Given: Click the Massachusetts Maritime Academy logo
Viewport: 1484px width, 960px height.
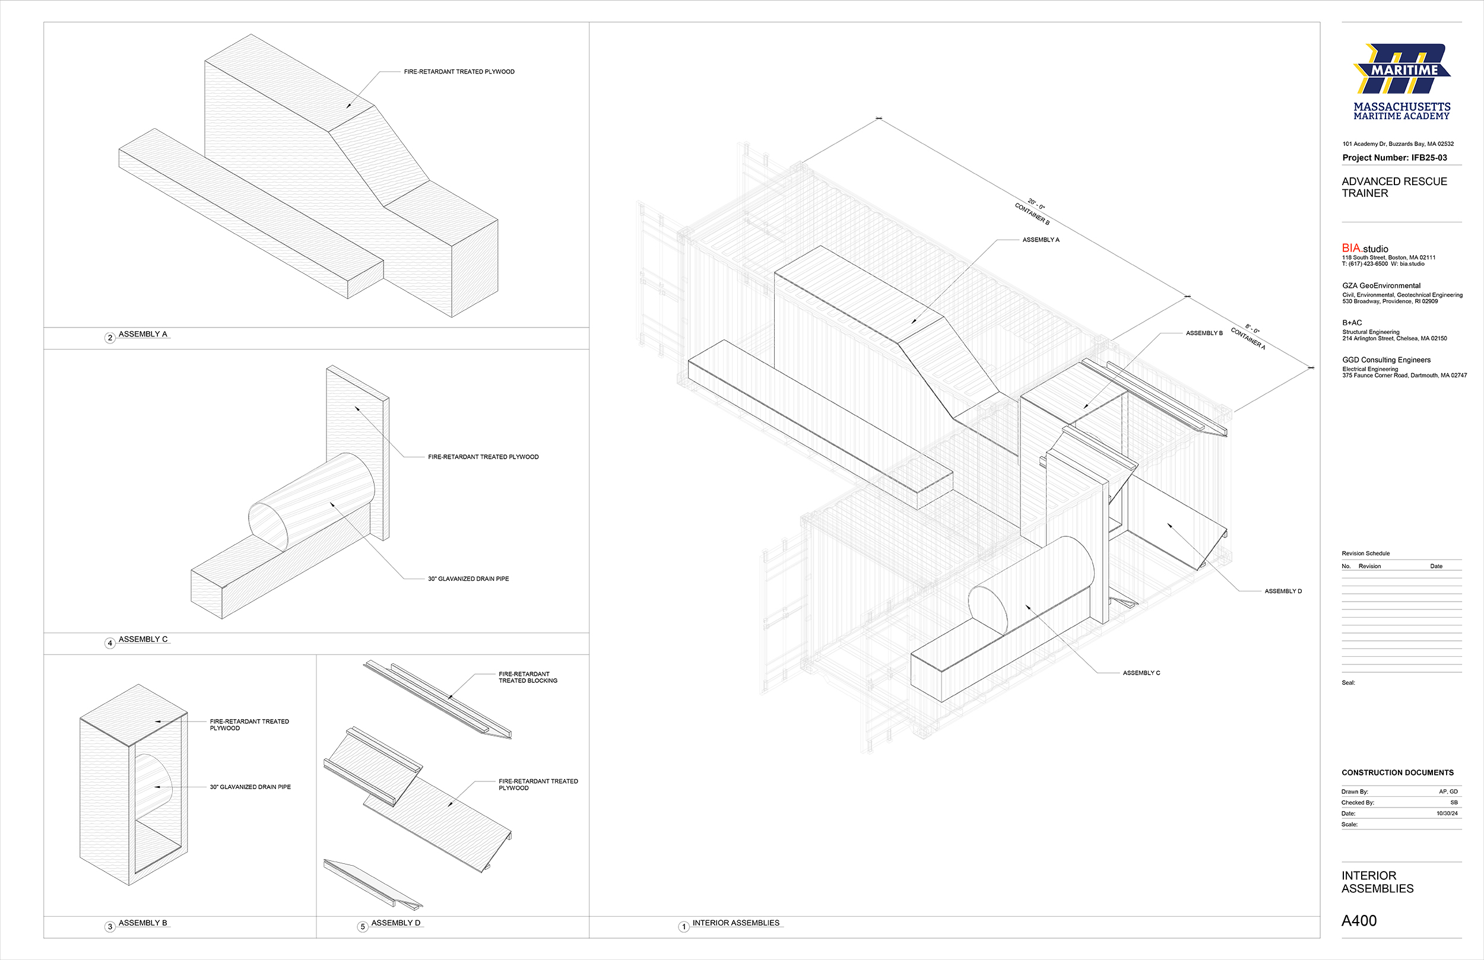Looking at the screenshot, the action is click(x=1401, y=82).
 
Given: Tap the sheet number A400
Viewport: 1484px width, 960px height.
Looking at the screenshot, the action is click(x=1359, y=921).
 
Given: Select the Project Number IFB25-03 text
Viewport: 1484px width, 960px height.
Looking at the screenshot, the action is click(x=1395, y=158).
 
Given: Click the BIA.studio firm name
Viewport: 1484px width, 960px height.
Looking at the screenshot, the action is click(x=1365, y=249).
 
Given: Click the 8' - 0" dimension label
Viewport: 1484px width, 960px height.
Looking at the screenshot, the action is click(x=1252, y=329).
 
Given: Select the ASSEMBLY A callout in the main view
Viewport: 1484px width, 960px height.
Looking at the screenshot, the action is click(x=1041, y=240).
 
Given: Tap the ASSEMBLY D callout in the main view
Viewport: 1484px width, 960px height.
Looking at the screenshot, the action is click(x=1283, y=591).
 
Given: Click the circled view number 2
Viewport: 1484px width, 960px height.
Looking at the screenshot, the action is click(x=110, y=338).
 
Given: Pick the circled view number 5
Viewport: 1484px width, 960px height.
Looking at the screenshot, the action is click(x=363, y=927).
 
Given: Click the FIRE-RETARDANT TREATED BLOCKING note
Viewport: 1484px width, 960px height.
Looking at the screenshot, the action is click(x=528, y=677).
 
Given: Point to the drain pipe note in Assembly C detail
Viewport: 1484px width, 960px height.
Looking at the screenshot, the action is click(x=468, y=578).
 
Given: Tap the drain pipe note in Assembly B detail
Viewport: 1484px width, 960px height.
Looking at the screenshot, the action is click(x=250, y=787).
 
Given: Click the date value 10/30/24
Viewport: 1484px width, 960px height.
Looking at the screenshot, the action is click(x=1447, y=813).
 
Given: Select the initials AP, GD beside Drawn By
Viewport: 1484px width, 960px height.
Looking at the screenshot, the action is click(x=1448, y=791).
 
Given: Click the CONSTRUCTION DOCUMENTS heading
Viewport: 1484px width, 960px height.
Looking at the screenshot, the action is click(x=1397, y=773).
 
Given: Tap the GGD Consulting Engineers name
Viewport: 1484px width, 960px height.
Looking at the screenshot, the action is click(x=1386, y=360).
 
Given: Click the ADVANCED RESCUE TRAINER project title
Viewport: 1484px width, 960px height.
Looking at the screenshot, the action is click(x=1394, y=187).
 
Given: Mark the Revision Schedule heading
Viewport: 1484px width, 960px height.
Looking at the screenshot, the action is click(x=1365, y=554).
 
